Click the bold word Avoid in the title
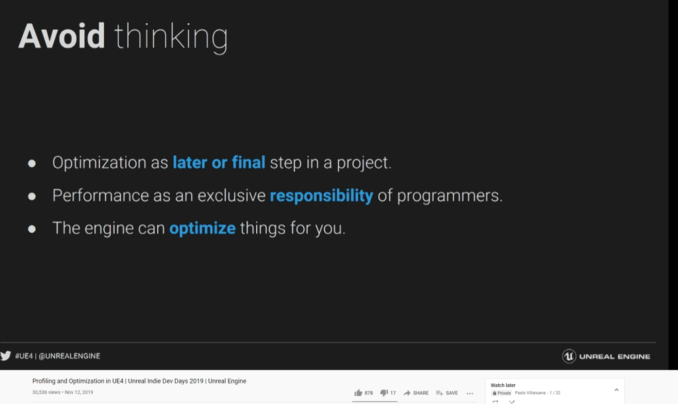pyautogui.click(x=62, y=36)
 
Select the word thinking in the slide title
pyautogui.click(x=170, y=38)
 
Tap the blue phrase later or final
pyautogui.click(x=219, y=163)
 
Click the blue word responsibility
pyautogui.click(x=321, y=196)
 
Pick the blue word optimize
pyautogui.click(x=202, y=228)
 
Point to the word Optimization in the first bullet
pyautogui.click(x=99, y=163)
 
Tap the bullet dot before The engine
pyautogui.click(x=32, y=229)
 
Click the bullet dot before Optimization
pyautogui.click(x=32, y=163)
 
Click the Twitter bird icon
pyautogui.click(x=5, y=356)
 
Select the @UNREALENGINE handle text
pyautogui.click(x=69, y=356)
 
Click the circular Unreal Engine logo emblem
pyautogui.click(x=569, y=356)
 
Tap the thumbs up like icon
pyautogui.click(x=358, y=393)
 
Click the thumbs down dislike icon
pyautogui.click(x=383, y=393)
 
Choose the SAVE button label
pyautogui.click(x=451, y=393)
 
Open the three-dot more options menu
pyautogui.click(x=470, y=393)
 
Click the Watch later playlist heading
pyautogui.click(x=503, y=385)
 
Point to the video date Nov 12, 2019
pyautogui.click(x=79, y=392)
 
